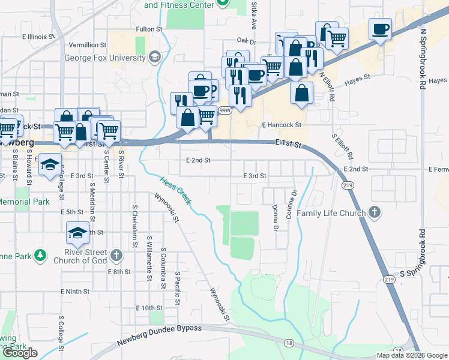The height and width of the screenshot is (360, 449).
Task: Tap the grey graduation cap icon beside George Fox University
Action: pos(154,58)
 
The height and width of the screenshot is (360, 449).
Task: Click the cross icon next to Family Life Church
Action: pos(374,212)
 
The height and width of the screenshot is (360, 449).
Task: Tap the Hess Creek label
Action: pos(176,190)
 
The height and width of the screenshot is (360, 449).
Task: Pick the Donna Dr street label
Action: pos(276,217)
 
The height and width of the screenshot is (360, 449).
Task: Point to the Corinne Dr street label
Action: pos(292,204)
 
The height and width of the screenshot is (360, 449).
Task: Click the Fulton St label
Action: pos(149,29)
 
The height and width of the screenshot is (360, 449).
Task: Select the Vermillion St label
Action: pos(88,45)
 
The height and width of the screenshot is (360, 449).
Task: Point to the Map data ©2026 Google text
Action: pos(411,355)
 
